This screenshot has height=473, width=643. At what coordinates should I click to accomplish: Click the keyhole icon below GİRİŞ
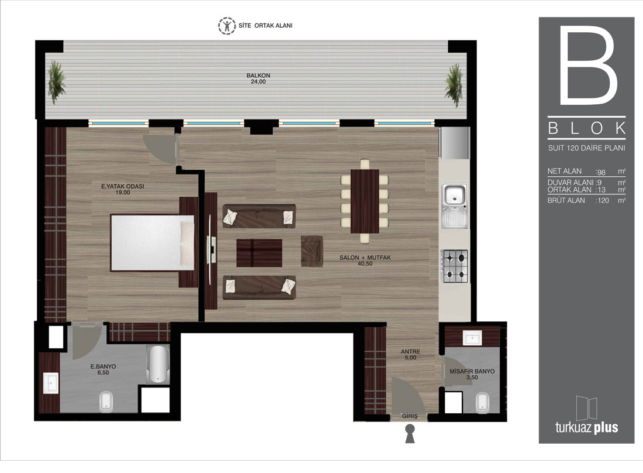tap(410, 434)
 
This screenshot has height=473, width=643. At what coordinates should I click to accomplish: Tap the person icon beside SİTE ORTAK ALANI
tap(227, 25)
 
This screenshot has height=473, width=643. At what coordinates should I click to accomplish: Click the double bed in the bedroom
tap(152, 243)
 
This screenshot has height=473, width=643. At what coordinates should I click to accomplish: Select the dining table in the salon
tap(365, 201)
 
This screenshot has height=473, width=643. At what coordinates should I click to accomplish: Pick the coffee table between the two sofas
tap(259, 253)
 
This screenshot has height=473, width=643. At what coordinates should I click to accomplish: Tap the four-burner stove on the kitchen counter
tap(454, 266)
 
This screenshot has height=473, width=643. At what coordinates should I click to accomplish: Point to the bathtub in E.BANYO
tap(158, 364)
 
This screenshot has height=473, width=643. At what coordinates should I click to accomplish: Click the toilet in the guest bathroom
tap(483, 402)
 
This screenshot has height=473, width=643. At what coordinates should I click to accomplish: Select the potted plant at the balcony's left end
tap(56, 82)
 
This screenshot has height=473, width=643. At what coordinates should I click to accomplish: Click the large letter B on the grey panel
tap(588, 65)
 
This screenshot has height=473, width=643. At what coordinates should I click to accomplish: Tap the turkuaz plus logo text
tap(586, 427)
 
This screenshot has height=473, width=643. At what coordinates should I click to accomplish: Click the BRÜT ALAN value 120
tap(603, 201)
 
